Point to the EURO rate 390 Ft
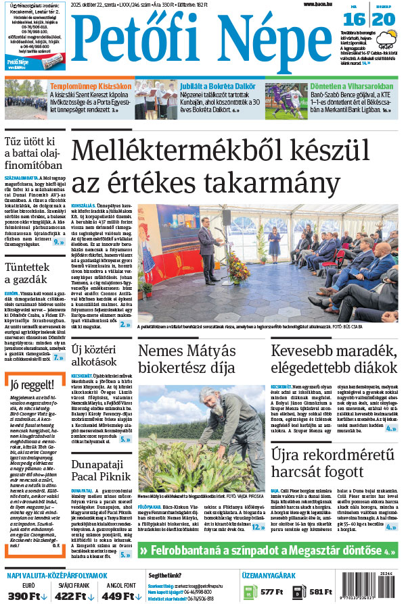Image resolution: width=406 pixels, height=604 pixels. tap(26, 596)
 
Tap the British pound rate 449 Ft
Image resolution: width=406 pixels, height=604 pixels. tap(119, 596)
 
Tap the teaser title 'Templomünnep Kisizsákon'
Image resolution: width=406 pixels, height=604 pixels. tap(90, 86)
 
